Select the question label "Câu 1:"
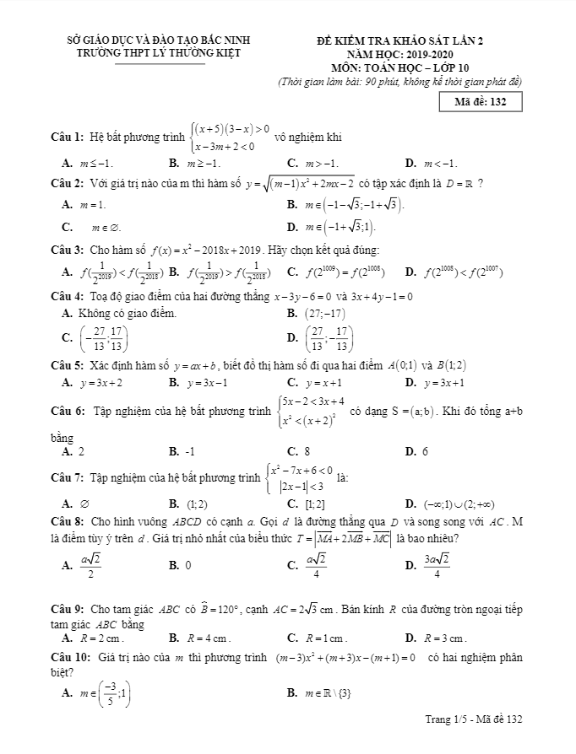(x=67, y=137)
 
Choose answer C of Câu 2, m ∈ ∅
(x=101, y=226)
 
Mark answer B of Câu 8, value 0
(x=187, y=564)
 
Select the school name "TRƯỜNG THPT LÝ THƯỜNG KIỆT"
(x=159, y=52)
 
